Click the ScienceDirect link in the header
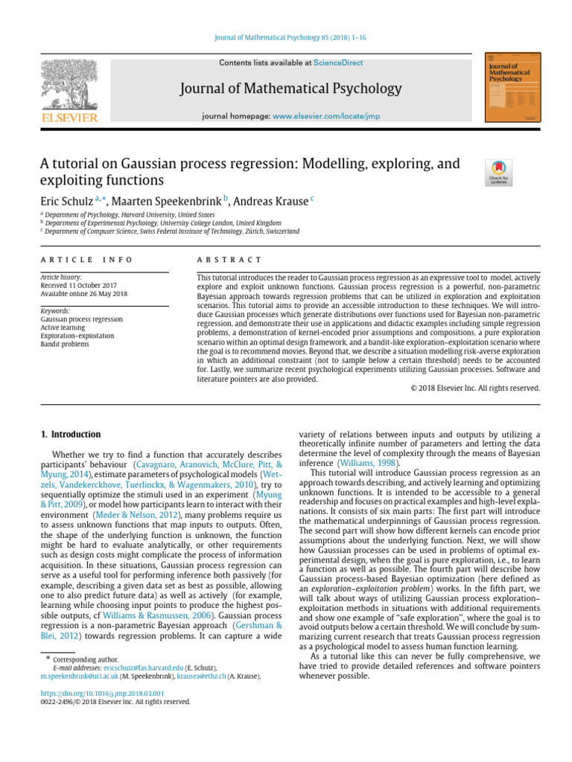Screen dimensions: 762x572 coord(338,64)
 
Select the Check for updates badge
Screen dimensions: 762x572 coord(498,173)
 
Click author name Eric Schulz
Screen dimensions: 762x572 coord(66,201)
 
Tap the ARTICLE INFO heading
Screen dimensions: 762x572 coord(86,260)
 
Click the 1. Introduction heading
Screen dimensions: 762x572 coord(69,435)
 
